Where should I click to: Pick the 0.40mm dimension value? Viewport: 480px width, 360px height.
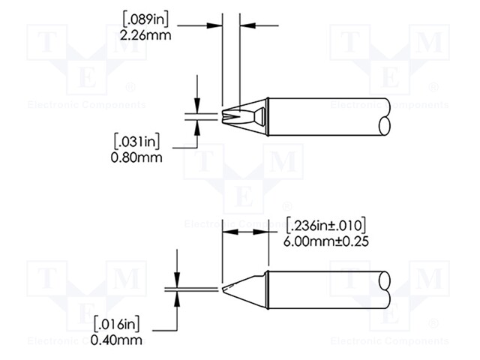118,339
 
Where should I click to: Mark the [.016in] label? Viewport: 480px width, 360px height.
118,325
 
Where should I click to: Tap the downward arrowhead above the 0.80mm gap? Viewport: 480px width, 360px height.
197,106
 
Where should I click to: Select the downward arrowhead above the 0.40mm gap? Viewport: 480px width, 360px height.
177,280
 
